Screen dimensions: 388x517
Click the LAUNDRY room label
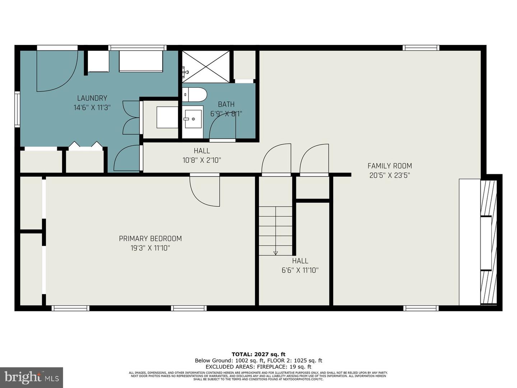click(x=92, y=98)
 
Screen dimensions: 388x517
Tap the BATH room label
click(x=226, y=105)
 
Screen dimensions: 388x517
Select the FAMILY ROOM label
click(x=390, y=166)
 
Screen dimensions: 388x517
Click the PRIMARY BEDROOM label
click(x=150, y=239)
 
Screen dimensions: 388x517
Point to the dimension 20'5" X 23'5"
click(x=390, y=176)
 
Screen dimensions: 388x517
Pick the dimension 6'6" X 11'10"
click(x=300, y=271)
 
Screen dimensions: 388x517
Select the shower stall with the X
click(x=205, y=66)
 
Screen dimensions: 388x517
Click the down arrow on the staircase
click(x=275, y=253)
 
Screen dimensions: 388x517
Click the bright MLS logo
click(x=31, y=377)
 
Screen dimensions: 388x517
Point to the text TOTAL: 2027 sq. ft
click(x=258, y=354)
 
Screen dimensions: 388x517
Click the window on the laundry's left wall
click(x=17, y=109)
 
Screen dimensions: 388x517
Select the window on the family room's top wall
click(x=420, y=48)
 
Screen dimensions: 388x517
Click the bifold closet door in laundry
click(x=85, y=145)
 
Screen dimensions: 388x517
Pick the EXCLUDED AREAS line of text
click(x=258, y=367)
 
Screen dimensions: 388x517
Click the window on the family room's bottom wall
click(x=421, y=308)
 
